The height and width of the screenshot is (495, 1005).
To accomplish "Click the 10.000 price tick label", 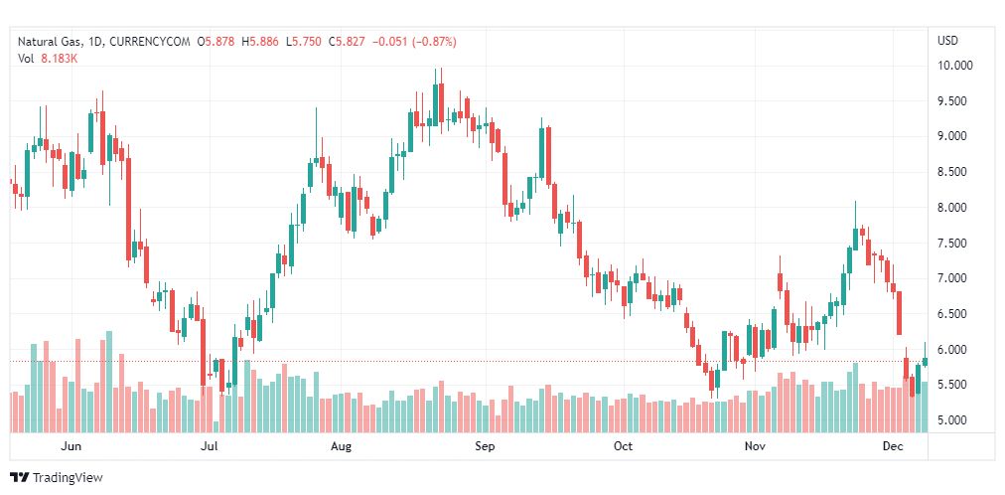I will [954, 66].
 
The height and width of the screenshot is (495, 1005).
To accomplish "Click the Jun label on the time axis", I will [71, 447].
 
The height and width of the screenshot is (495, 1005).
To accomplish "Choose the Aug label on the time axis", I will [341, 447].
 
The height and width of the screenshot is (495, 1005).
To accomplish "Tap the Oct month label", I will [623, 447].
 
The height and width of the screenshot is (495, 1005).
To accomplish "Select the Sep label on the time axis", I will [485, 447].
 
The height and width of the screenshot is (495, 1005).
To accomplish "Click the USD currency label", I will [947, 41].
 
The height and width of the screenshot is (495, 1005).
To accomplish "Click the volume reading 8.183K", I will [60, 59].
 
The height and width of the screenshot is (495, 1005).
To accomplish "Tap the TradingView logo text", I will [68, 478].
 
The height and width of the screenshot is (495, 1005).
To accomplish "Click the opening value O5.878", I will [216, 41].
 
